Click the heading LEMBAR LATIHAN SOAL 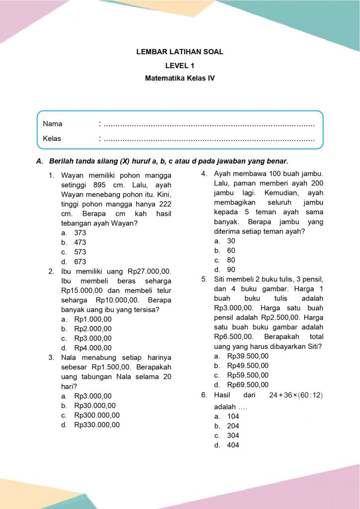tap(180, 52)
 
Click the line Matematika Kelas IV tap(180, 78)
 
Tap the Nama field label tap(53, 124)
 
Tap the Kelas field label tap(52, 139)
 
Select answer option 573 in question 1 tap(80, 252)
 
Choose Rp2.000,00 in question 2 tap(93, 329)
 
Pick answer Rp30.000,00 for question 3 tap(95, 406)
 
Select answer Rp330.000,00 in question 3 tap(97, 425)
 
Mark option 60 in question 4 tap(231, 251)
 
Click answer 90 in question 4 tap(231, 270)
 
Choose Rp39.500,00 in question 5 tap(248, 356)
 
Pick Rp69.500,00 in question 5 tap(248, 385)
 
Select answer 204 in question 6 tap(233, 426)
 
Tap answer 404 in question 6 tap(233, 445)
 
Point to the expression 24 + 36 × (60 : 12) tap(296, 395)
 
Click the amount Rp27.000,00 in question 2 tap(149, 271)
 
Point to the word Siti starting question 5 tap(221, 279)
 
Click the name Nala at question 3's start tap(70, 357)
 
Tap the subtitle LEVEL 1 tap(180, 65)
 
